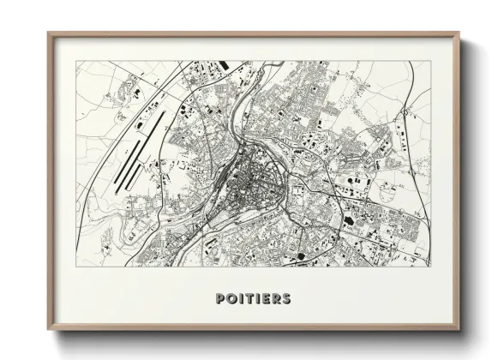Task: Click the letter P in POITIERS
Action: click(x=221, y=299)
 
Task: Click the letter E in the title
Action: click(x=265, y=299)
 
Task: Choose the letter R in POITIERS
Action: click(x=275, y=299)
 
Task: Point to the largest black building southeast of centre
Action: click(x=349, y=219)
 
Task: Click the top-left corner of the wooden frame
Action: click(x=49, y=33)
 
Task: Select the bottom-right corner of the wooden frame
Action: click(x=459, y=329)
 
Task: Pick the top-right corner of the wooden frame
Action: click(x=459, y=33)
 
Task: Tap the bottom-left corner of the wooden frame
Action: click(x=49, y=329)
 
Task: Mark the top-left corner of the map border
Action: click(x=75, y=61)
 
